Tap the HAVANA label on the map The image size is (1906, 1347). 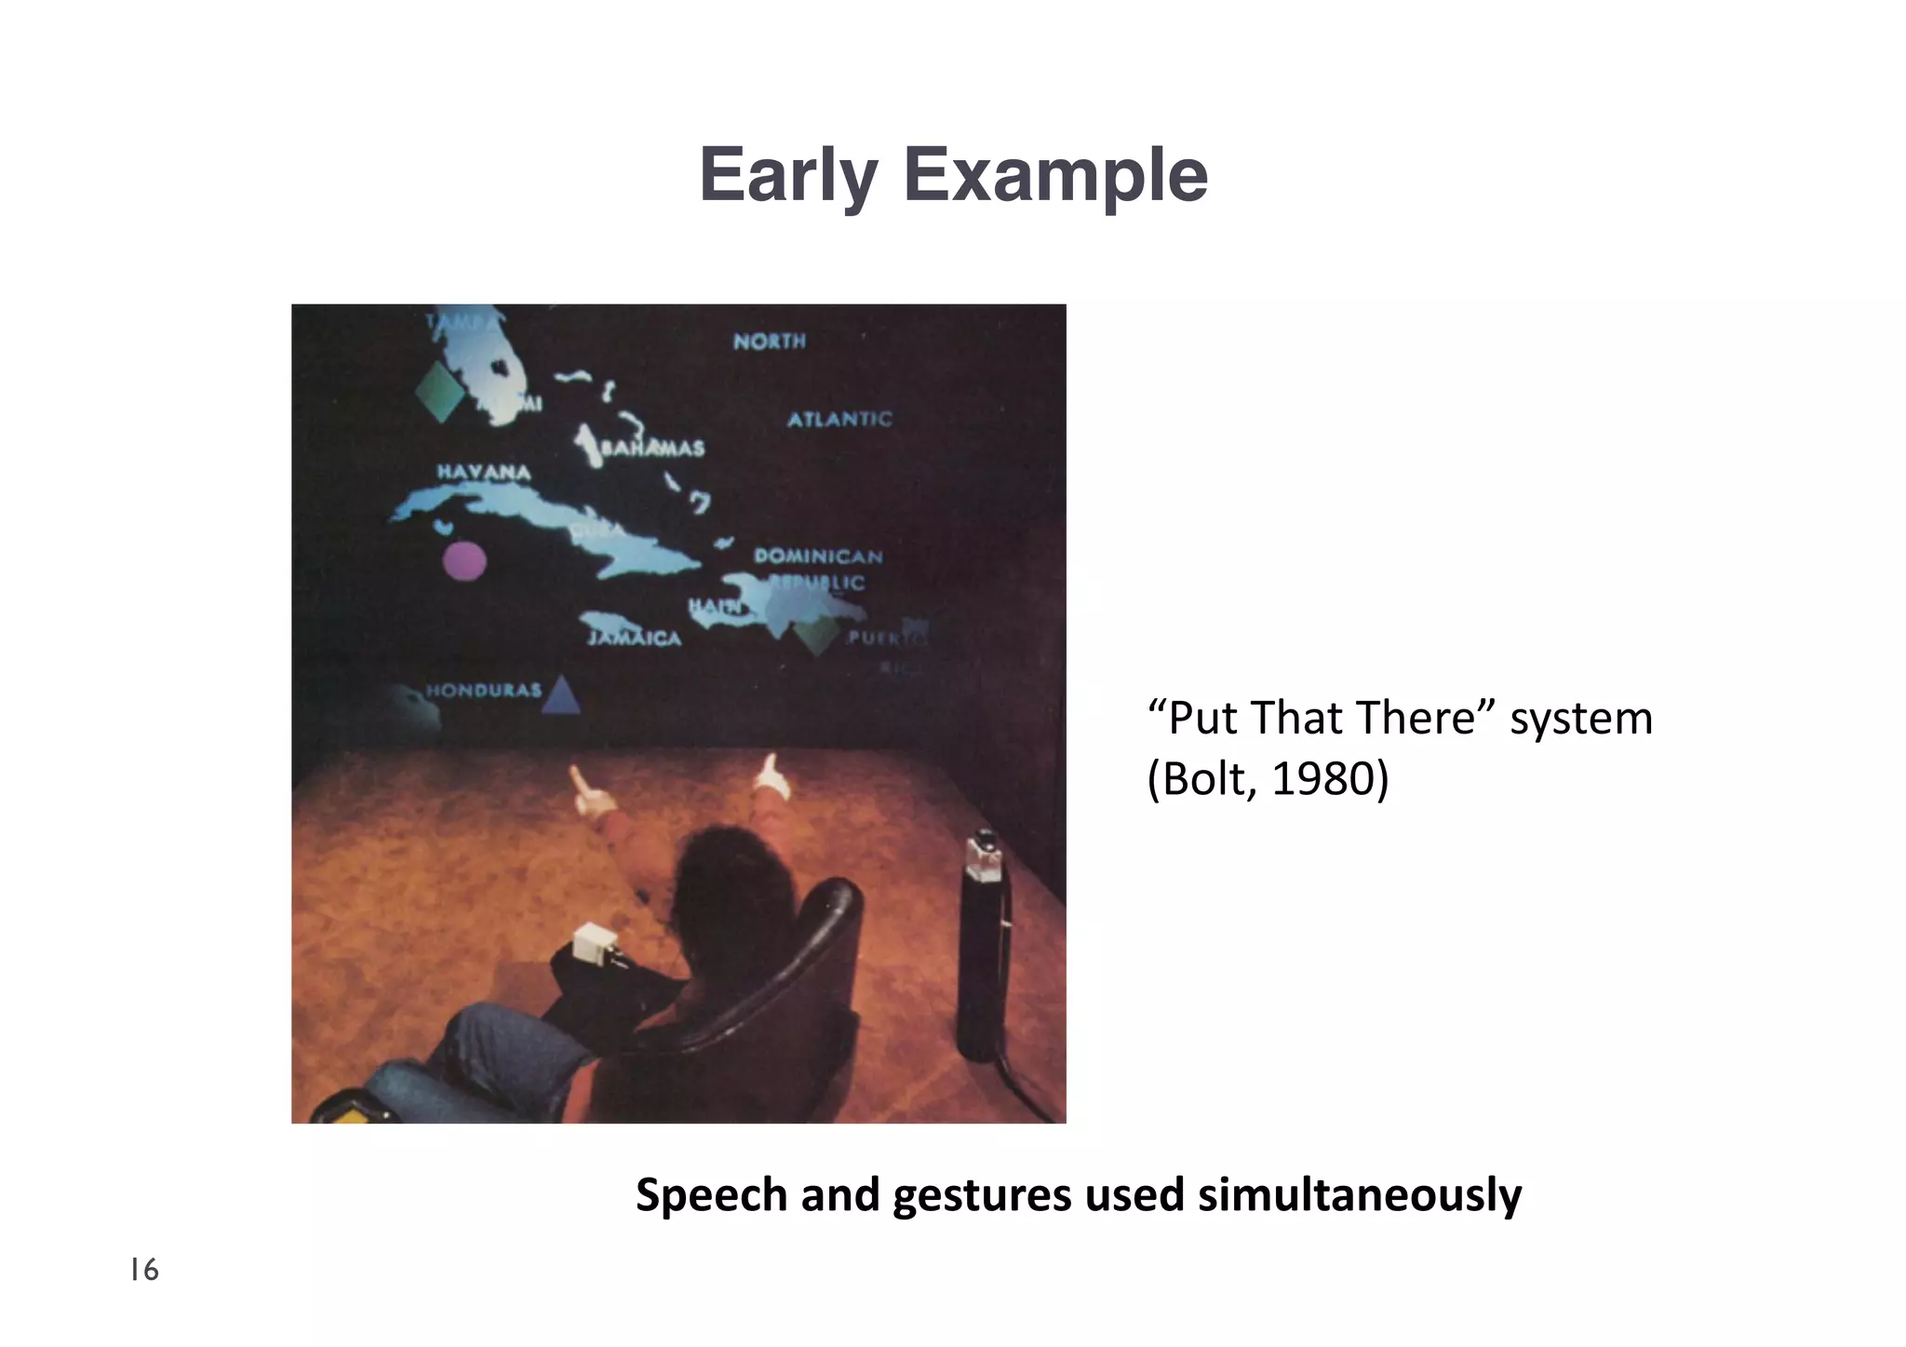(x=484, y=472)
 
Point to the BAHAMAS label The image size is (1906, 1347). (x=652, y=449)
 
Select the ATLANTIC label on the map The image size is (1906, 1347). (x=839, y=420)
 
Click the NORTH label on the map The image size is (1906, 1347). (x=769, y=342)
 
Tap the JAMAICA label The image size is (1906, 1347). (x=635, y=639)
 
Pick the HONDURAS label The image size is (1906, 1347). (x=483, y=690)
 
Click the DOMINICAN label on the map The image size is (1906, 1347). (x=818, y=557)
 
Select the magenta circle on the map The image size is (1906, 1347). (x=463, y=560)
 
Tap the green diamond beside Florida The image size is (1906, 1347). (x=439, y=392)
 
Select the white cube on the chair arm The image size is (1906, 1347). (x=593, y=943)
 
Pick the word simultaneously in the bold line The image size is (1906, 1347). (x=1359, y=1195)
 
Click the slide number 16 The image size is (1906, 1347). (x=144, y=1270)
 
